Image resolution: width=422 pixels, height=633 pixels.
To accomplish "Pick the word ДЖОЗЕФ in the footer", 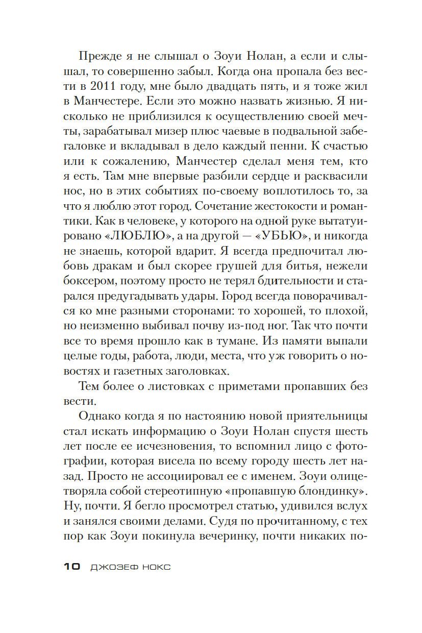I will [x=112, y=567].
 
